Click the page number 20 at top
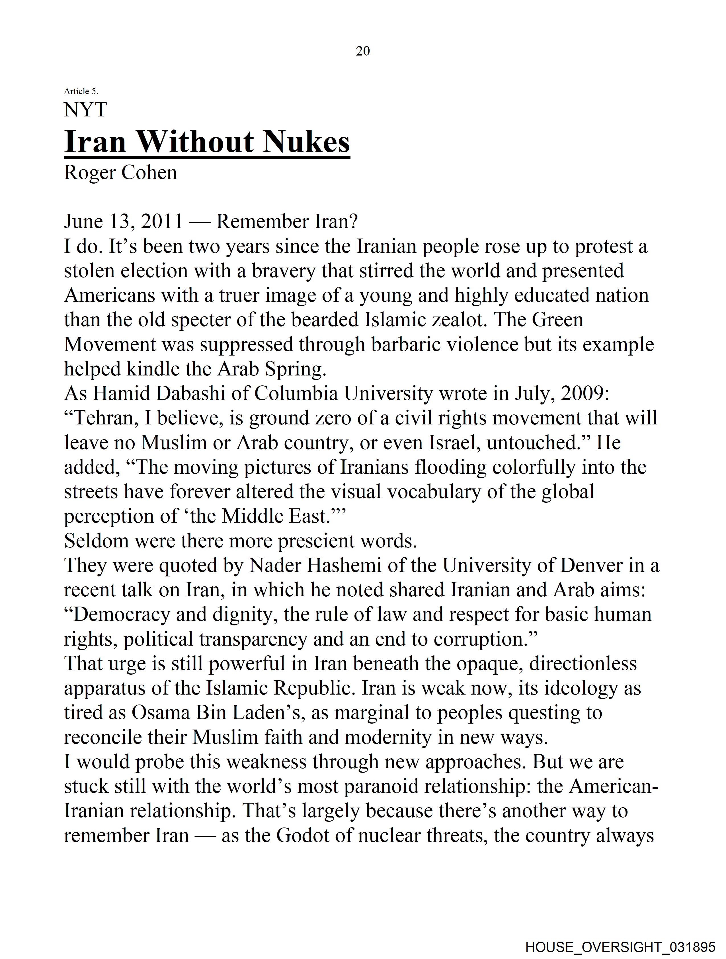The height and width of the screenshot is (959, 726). (x=362, y=51)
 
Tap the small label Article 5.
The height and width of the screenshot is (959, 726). (x=81, y=91)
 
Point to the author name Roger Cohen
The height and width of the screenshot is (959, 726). (x=120, y=173)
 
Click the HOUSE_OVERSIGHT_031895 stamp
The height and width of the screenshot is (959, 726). (x=620, y=946)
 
